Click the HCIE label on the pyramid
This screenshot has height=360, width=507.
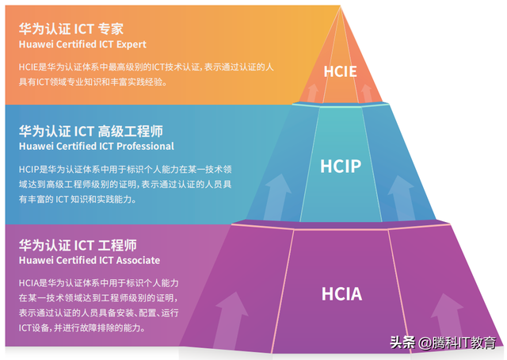coord(341,71)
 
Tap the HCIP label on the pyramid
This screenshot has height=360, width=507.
coord(341,167)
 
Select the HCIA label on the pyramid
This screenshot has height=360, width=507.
coord(342,294)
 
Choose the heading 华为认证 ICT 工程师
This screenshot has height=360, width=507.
coord(78,245)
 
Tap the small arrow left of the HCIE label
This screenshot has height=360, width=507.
coord(314,93)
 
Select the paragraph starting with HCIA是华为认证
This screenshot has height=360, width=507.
coord(99,305)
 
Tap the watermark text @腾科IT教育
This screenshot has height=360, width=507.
coord(459,343)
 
